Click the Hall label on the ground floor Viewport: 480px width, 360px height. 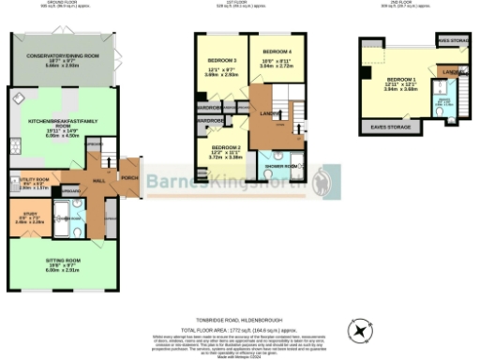[97, 175]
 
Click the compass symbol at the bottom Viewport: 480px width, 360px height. [360, 331]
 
